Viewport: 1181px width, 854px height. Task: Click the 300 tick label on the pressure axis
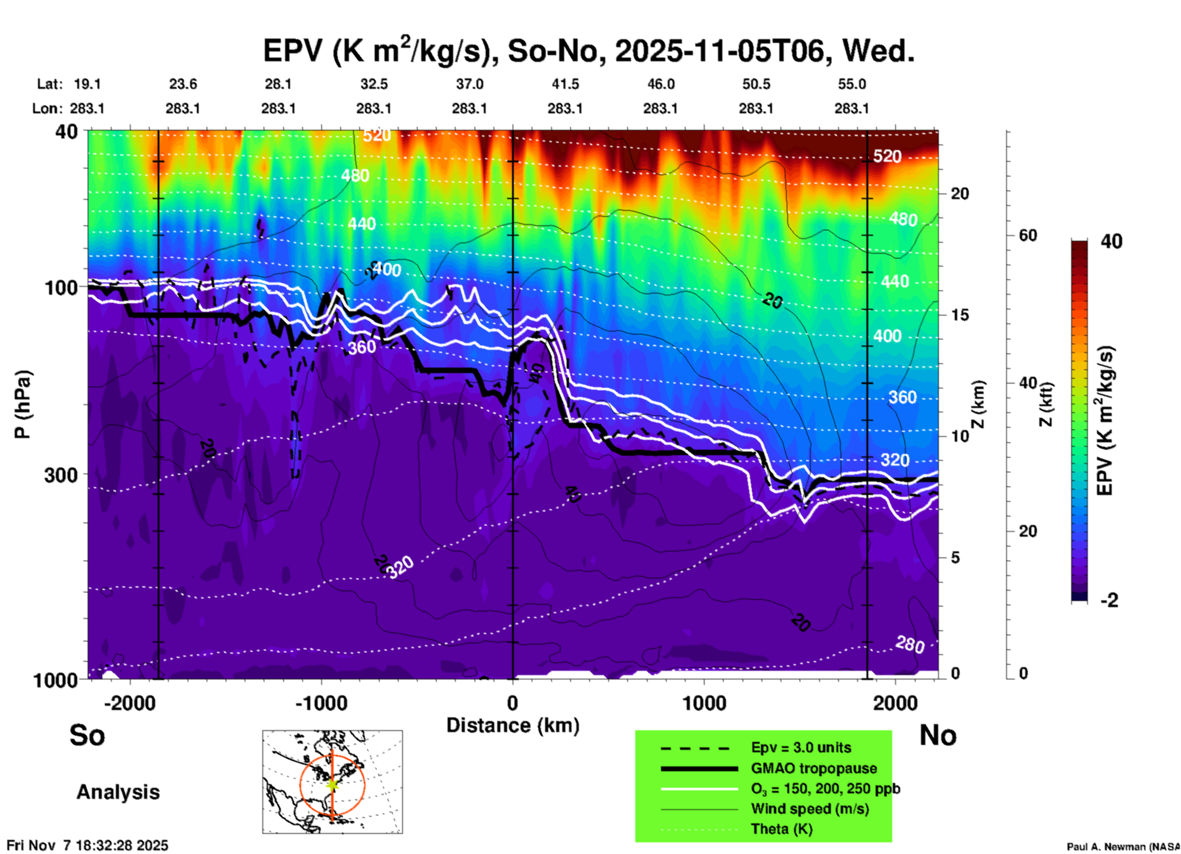[59, 475]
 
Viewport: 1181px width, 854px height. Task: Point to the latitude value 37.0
[469, 84]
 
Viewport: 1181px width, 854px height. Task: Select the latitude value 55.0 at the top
[852, 84]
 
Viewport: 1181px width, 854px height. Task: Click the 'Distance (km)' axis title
[513, 725]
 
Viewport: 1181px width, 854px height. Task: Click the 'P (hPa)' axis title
[23, 404]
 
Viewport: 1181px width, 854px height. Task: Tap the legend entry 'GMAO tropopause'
[814, 768]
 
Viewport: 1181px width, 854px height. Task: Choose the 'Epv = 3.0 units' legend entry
[801, 748]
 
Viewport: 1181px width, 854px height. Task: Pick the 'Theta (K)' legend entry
[781, 829]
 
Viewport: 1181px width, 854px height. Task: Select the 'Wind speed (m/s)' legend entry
[809, 809]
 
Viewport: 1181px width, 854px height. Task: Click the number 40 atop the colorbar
[1111, 241]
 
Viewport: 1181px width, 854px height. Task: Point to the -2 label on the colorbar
[1109, 600]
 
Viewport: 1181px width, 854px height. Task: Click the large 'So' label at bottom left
[87, 735]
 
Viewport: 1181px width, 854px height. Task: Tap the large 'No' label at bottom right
[938, 735]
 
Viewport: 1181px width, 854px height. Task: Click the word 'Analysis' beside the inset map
[118, 792]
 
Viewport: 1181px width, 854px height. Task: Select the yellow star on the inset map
[332, 784]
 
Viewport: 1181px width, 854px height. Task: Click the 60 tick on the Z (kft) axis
[1028, 235]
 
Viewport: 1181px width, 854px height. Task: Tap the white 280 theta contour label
[910, 644]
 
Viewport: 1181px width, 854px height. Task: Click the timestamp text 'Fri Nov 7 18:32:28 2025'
[87, 845]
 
